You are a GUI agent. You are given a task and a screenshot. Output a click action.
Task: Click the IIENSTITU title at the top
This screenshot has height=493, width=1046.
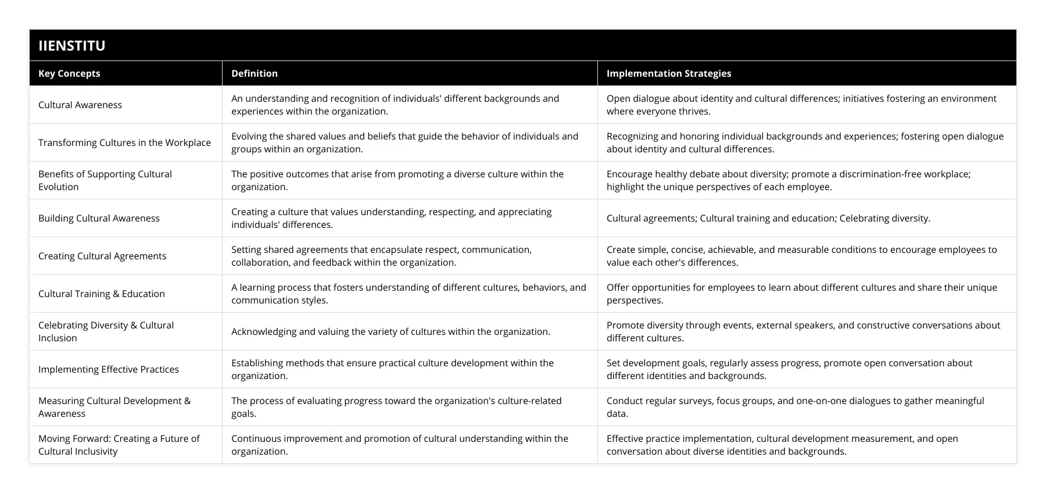(x=72, y=45)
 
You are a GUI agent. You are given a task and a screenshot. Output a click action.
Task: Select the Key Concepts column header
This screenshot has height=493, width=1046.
(x=69, y=73)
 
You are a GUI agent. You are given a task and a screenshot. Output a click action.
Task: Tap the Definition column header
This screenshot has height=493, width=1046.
(x=255, y=73)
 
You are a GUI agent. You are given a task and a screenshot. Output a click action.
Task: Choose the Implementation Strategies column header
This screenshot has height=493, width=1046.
(x=669, y=73)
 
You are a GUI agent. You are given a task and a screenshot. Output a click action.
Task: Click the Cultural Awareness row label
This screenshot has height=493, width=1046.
(x=80, y=105)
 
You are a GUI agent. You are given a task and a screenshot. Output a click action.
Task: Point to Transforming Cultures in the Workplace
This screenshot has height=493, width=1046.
(x=124, y=142)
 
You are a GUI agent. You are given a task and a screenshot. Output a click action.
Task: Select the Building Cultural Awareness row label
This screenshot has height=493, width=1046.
(x=99, y=218)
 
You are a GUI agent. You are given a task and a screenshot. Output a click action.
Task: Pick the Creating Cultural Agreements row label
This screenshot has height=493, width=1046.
(x=102, y=256)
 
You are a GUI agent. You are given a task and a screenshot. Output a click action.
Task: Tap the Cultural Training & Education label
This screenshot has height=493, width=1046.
(x=102, y=294)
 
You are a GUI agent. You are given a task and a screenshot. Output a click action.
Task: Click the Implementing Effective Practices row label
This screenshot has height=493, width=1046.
(x=109, y=369)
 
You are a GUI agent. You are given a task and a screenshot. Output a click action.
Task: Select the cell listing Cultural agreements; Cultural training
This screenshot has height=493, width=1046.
(x=768, y=218)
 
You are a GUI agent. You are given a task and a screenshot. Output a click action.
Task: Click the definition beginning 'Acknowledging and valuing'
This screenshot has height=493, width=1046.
(x=391, y=331)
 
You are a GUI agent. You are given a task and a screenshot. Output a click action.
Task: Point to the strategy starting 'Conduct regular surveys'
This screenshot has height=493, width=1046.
(x=795, y=407)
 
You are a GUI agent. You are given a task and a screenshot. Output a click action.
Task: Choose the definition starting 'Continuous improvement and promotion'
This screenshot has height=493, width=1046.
(x=400, y=445)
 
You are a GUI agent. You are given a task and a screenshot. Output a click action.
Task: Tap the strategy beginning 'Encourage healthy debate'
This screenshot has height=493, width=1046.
(x=789, y=180)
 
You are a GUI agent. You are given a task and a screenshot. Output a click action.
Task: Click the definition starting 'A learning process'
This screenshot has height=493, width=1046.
(x=409, y=294)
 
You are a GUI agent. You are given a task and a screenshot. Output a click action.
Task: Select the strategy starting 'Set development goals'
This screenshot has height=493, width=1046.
(x=789, y=369)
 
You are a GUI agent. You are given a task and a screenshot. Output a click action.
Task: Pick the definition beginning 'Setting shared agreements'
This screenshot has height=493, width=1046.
(x=381, y=256)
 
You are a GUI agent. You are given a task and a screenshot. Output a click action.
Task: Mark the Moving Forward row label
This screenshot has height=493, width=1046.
(x=119, y=445)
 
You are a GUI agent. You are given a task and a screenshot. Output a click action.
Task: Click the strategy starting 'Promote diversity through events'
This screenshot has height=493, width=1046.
(x=803, y=331)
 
